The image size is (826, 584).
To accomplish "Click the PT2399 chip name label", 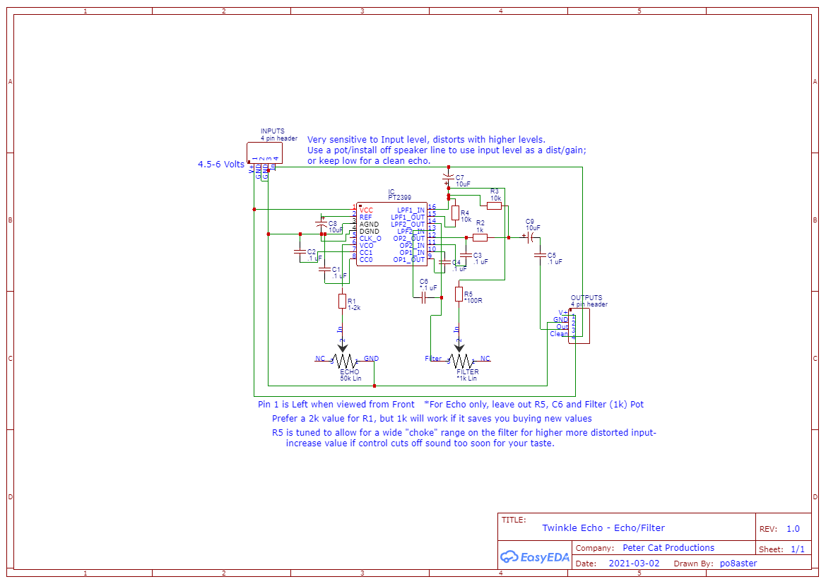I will [x=399, y=198].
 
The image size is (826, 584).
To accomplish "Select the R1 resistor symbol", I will [x=342, y=302].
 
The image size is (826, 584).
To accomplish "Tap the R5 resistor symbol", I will [x=459, y=294].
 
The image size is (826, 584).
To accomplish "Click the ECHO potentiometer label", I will [x=349, y=371].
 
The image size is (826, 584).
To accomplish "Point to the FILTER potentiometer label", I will [x=467, y=371].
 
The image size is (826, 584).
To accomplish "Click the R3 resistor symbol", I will [x=495, y=205].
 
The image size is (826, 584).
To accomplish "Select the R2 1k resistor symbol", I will [x=480, y=238].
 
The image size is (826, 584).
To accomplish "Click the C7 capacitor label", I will [x=460, y=177].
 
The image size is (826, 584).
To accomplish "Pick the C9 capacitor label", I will [x=530, y=221].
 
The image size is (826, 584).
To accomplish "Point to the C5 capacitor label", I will [x=552, y=254].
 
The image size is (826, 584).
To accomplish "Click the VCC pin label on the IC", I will [x=366, y=210].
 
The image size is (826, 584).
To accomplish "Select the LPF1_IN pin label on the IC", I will [x=411, y=210].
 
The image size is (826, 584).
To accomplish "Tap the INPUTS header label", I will [x=273, y=131].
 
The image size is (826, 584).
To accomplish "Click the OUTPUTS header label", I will [x=586, y=298].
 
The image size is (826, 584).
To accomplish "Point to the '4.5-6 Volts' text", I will [x=220, y=165].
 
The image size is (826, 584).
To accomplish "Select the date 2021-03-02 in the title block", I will [x=634, y=564].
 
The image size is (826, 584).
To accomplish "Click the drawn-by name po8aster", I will [x=738, y=564].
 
